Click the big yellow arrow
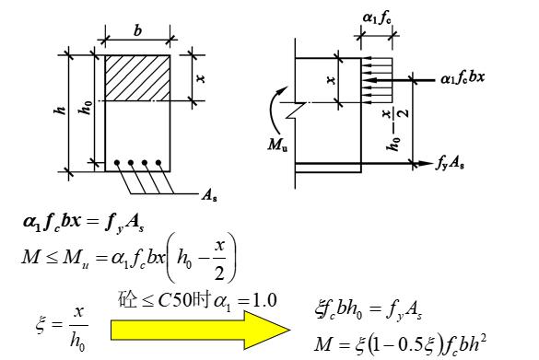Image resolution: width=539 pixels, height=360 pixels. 199,330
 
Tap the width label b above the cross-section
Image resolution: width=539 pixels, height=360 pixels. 137,31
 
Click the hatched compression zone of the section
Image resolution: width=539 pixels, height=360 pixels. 137,78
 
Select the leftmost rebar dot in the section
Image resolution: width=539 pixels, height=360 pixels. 117,162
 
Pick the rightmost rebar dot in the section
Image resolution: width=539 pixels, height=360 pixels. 158,162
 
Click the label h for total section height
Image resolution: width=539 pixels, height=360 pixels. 61,110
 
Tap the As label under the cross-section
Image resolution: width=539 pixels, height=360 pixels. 209,196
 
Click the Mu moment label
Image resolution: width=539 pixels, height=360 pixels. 277,145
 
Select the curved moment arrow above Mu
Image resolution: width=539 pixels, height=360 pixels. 274,110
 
